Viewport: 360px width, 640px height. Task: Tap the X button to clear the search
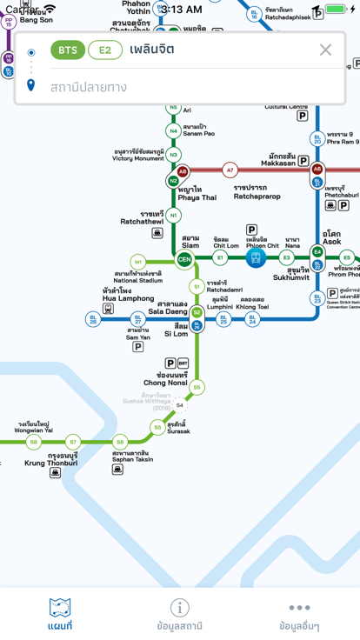coord(325,50)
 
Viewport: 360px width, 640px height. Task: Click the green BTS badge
coord(67,50)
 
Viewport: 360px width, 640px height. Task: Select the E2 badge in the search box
coord(105,50)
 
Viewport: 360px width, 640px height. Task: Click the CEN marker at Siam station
coord(184,259)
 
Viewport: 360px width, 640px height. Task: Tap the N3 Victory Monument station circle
coord(173,155)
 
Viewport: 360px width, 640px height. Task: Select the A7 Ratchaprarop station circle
coord(230,170)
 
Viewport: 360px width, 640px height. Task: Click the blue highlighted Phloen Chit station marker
coord(256,258)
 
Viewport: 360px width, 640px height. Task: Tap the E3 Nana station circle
coord(287,258)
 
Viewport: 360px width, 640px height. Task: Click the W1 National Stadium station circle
coord(137,262)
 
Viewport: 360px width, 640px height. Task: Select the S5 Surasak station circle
coord(157,427)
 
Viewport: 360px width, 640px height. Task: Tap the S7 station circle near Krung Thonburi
coord(73,442)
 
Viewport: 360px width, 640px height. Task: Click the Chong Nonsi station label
coord(165,379)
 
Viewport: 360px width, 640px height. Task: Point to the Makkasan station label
coord(278,159)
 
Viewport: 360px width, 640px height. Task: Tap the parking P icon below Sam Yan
coord(137,347)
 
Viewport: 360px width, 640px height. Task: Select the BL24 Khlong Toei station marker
coord(252,319)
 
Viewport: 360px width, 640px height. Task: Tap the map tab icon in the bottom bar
coord(60,608)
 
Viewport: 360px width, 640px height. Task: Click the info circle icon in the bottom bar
coord(179,608)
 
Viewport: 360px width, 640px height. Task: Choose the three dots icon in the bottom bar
coord(299,608)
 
